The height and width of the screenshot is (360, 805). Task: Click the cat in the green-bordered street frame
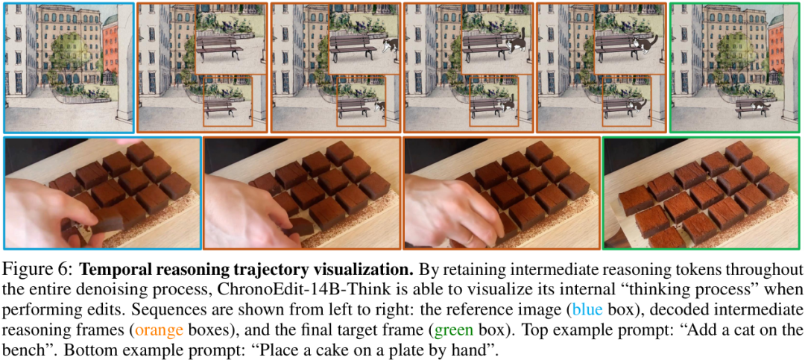coord(759,105)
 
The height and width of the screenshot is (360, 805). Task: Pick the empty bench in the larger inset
coord(218,47)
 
